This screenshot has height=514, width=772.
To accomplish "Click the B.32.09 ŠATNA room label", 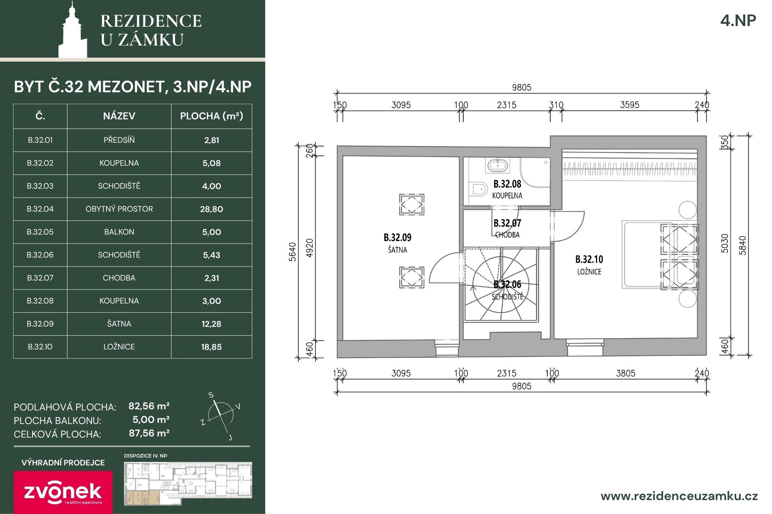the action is tap(397, 243).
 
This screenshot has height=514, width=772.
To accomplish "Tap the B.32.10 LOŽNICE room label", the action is tap(589, 265).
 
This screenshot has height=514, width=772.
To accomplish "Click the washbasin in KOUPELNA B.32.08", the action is tap(498, 165).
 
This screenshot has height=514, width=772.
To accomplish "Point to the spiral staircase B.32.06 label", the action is tap(507, 290).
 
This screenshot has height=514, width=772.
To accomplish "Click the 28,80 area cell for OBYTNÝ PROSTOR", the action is tap(211, 209).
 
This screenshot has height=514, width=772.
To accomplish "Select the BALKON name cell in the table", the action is tap(119, 232).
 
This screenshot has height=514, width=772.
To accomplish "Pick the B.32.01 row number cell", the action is tap(40, 140).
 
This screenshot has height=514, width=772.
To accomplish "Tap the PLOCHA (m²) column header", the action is tap(211, 116).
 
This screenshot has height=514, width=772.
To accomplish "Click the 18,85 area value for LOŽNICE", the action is tap(211, 347).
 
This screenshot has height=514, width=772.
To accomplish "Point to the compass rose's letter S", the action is tap(211, 395).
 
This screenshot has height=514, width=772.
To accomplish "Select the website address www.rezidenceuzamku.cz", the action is tap(679, 496).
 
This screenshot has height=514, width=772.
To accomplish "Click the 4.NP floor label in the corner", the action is tap(738, 20).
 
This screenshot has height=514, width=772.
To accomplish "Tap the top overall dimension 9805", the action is tap(522, 87).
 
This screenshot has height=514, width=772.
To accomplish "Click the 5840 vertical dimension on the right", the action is tap(743, 245).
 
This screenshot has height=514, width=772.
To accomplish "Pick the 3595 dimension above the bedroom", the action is tap(630, 105).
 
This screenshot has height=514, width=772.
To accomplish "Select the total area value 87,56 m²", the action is tap(149, 433).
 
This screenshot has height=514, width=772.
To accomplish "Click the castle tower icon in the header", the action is tap(73, 30).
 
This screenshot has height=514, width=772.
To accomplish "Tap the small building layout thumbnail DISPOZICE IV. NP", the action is tap(188, 483).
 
